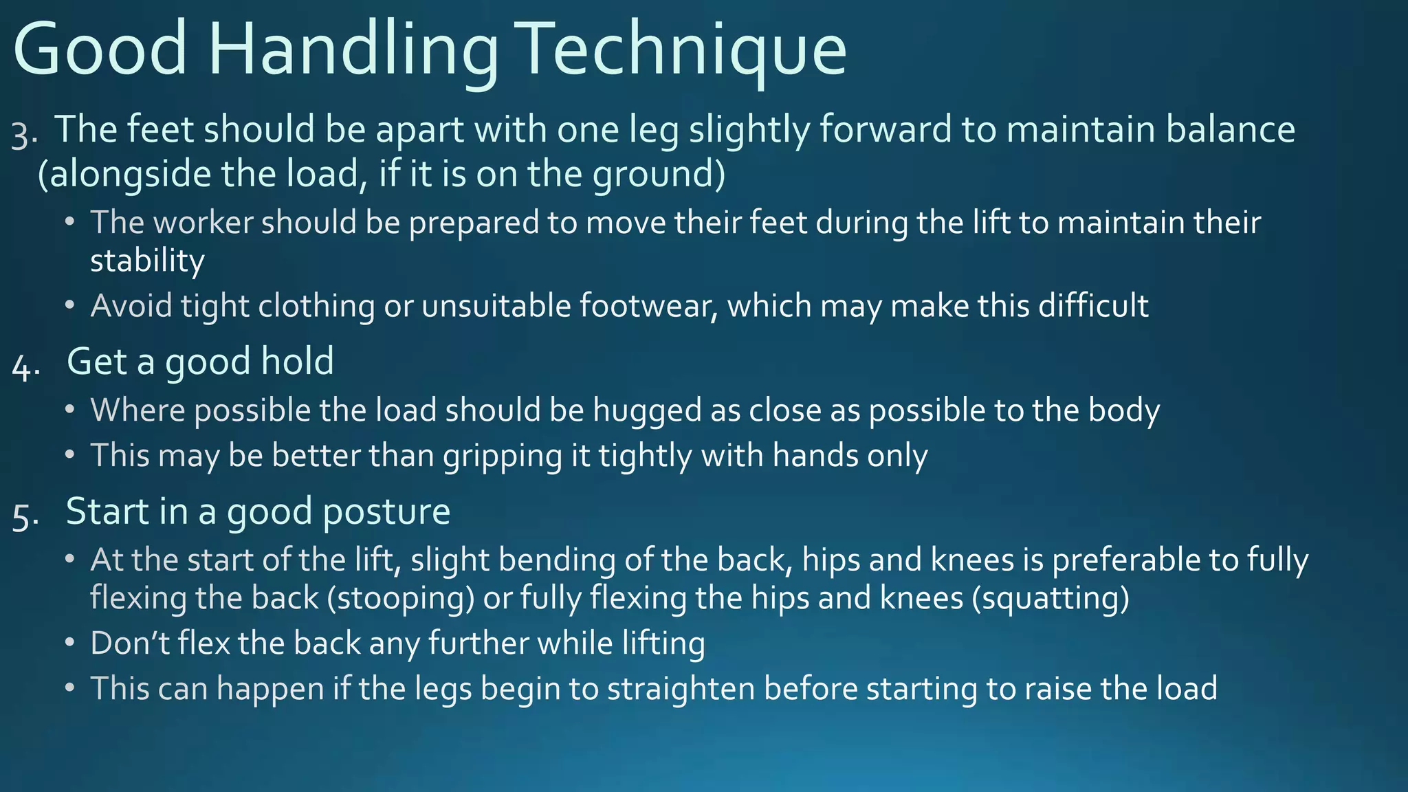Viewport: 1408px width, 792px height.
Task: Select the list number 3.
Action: pos(23,135)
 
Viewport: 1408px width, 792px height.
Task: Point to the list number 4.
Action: pos(25,367)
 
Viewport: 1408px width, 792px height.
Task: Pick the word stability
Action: pos(147,261)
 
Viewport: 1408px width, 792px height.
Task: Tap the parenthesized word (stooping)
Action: pos(401,598)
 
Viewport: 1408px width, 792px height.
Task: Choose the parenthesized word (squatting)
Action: pos(1050,598)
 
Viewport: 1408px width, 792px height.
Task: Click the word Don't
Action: pos(130,643)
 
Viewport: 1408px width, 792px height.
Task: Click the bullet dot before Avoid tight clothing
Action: pos(69,305)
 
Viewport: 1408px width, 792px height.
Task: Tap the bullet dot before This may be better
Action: pos(69,455)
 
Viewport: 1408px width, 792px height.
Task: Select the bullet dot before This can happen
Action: pos(69,688)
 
